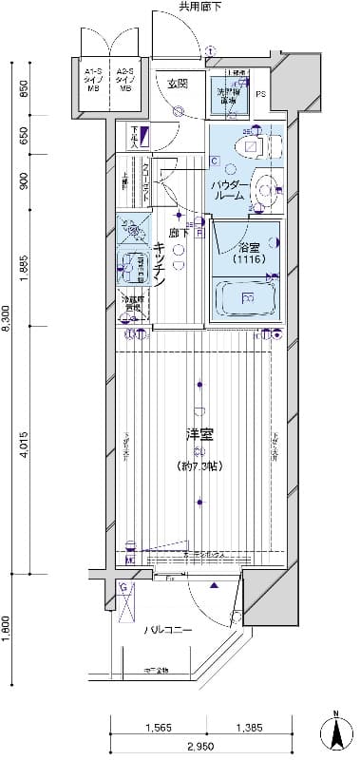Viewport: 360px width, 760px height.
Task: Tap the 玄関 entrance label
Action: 178,85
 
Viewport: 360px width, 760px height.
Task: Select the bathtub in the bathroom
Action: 246,298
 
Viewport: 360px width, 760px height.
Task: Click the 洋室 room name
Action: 198,435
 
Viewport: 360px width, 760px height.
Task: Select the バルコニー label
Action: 168,631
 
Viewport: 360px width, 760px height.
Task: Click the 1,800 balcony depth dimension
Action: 7,630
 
